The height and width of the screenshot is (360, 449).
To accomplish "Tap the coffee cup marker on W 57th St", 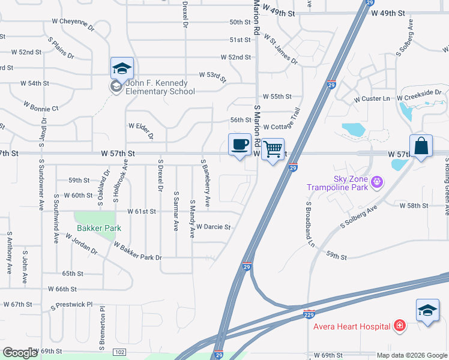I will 240,145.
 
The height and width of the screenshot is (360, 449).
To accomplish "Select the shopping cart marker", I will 273,149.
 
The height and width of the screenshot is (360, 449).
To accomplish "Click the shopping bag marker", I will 421,146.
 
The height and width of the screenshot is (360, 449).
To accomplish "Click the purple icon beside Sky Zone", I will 377,181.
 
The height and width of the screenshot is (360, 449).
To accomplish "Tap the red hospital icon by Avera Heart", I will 399,326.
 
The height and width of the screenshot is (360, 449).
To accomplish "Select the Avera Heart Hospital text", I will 352,326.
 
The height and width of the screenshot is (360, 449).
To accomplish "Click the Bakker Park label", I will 99,228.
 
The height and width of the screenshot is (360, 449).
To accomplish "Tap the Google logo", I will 20,353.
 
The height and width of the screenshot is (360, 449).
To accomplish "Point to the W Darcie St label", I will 214,227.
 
